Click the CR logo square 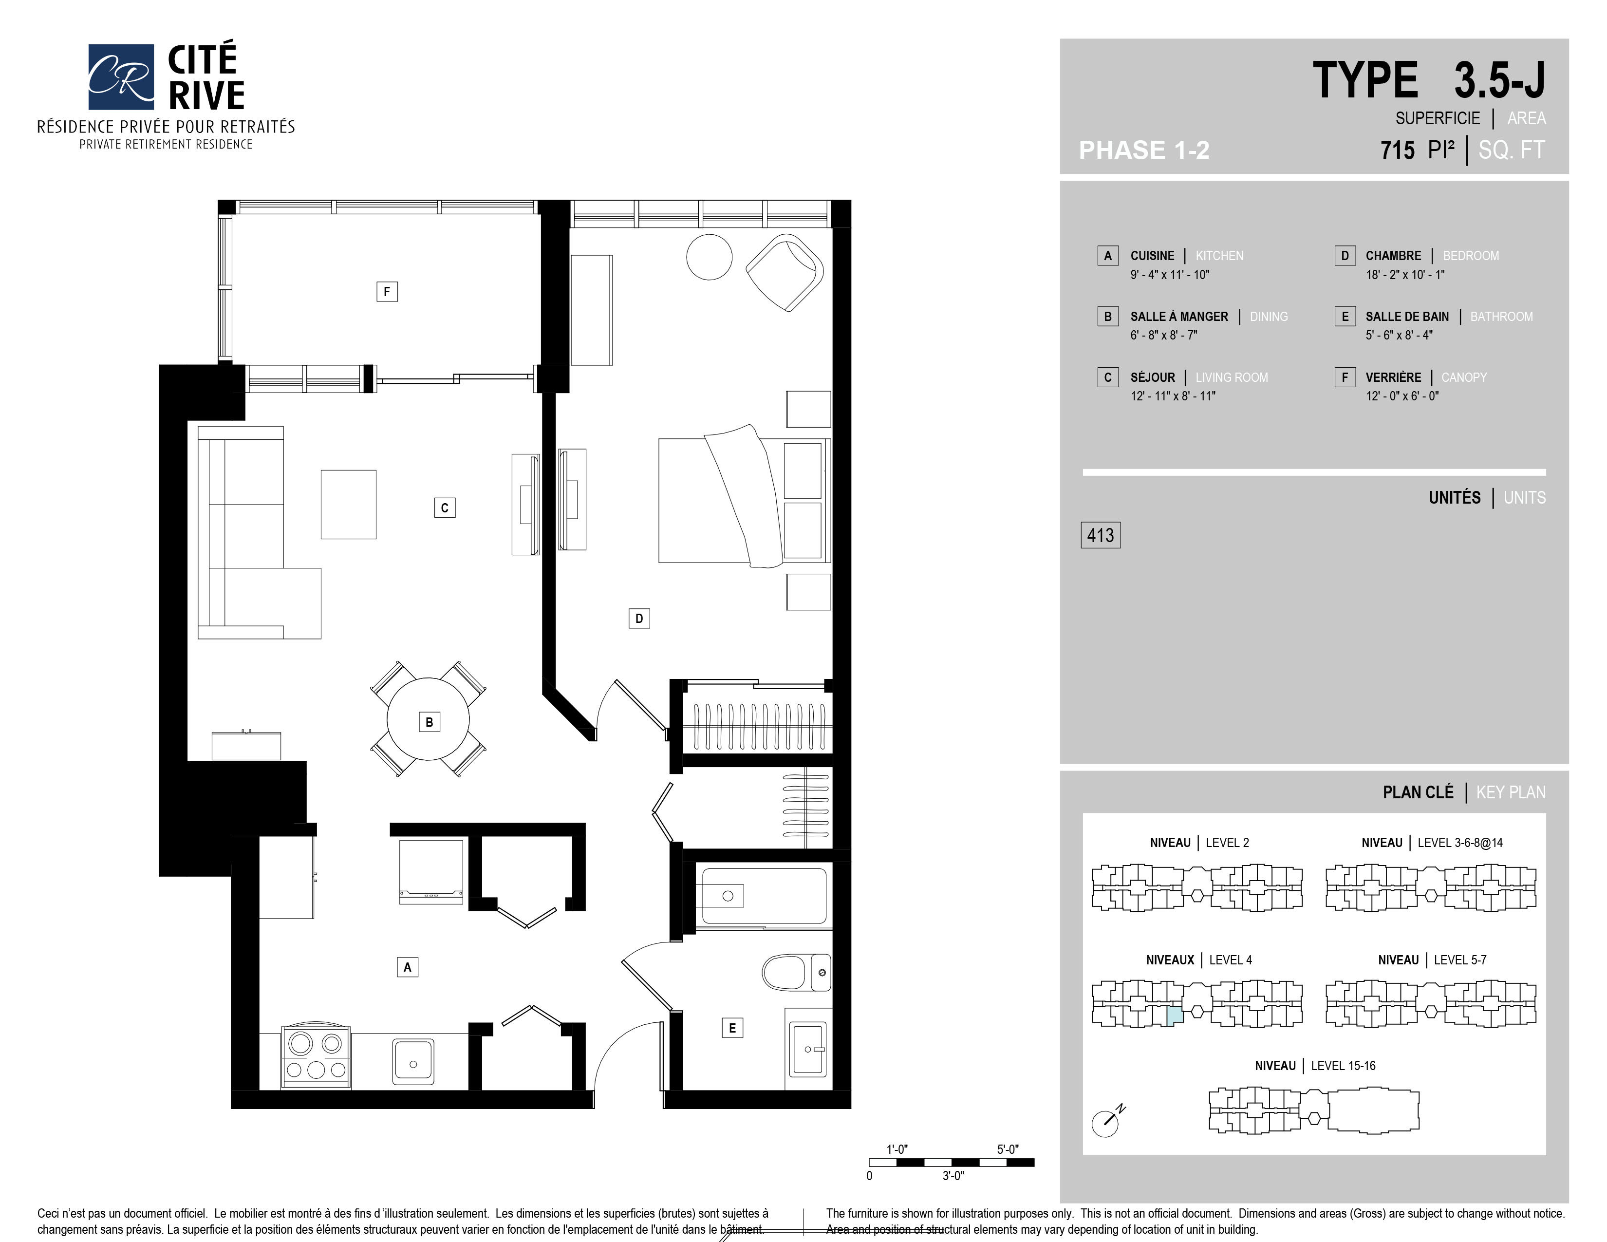click(x=121, y=76)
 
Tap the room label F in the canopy click(x=387, y=291)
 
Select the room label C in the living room click(x=445, y=508)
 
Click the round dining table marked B click(x=428, y=719)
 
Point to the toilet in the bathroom click(x=797, y=972)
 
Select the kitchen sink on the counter click(x=413, y=1060)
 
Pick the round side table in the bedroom click(x=710, y=257)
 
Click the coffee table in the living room click(x=349, y=505)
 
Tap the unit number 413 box click(x=1100, y=535)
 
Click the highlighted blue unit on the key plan click(x=1175, y=1016)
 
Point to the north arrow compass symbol click(x=1107, y=1121)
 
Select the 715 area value click(x=1397, y=150)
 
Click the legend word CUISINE click(x=1152, y=255)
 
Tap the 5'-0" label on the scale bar click(x=1008, y=1149)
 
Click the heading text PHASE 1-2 click(x=1144, y=150)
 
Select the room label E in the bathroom click(x=732, y=1028)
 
